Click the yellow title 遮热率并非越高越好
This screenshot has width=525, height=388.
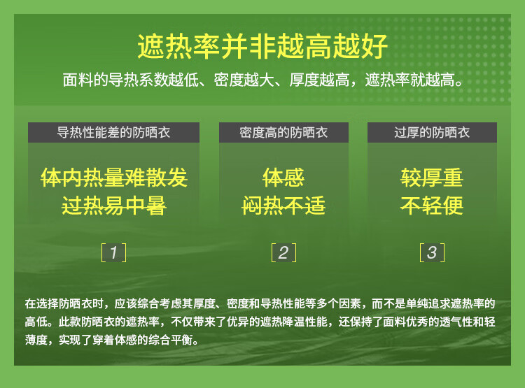point(262,46)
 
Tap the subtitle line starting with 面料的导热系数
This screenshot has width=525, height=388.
point(263,80)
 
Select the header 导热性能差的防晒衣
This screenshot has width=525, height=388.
point(113,132)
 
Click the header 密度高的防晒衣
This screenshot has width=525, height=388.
point(283,132)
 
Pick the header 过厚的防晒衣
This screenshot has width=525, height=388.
point(432,132)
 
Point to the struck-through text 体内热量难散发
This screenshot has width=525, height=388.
point(114,178)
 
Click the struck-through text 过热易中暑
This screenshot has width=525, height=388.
point(114,206)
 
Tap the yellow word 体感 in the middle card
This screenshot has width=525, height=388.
point(283,178)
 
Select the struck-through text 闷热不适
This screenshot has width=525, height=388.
point(283,206)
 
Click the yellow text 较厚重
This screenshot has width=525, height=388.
point(432,178)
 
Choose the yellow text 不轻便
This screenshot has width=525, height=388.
point(432,206)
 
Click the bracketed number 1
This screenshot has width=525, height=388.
point(114,252)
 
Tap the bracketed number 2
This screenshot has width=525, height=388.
point(283,252)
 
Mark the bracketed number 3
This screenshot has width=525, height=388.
point(433,252)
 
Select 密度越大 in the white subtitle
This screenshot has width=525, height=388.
point(244,80)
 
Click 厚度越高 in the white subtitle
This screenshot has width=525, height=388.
point(319,80)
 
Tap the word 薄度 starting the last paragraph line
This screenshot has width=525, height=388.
point(36,340)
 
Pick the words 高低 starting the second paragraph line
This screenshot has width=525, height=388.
point(36,322)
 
